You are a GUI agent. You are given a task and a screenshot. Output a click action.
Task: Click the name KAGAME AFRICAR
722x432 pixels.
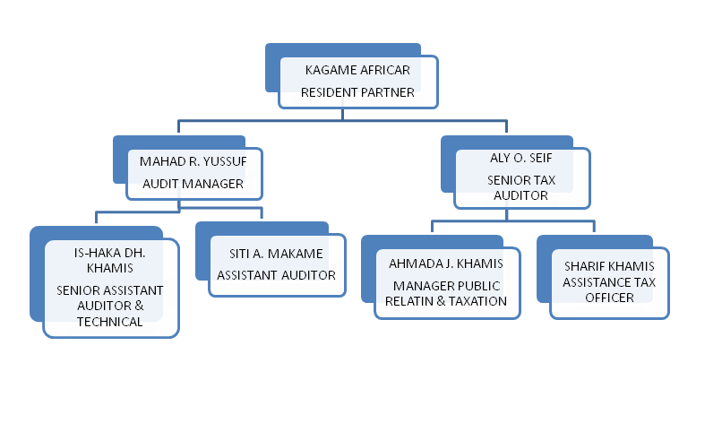357,70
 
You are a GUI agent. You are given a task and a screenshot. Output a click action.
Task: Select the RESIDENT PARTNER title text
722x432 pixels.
357,92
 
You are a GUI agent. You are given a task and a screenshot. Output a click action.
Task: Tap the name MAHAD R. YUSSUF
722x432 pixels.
193,161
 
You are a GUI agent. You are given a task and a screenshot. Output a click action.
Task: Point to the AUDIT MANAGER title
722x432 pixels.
193,184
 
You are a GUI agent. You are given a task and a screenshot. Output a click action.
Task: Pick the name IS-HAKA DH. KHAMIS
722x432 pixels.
110,260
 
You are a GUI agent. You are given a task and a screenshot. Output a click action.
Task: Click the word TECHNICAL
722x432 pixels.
109,322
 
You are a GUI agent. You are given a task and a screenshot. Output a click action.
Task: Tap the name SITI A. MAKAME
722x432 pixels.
276,254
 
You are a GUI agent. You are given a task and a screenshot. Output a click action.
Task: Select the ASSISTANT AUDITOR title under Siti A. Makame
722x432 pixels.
276,275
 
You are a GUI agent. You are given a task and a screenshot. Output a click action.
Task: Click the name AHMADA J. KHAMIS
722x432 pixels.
446,264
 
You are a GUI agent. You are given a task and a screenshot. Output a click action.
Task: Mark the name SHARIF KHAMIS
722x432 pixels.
609,266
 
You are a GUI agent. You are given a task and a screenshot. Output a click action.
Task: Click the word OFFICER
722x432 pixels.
609,297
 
